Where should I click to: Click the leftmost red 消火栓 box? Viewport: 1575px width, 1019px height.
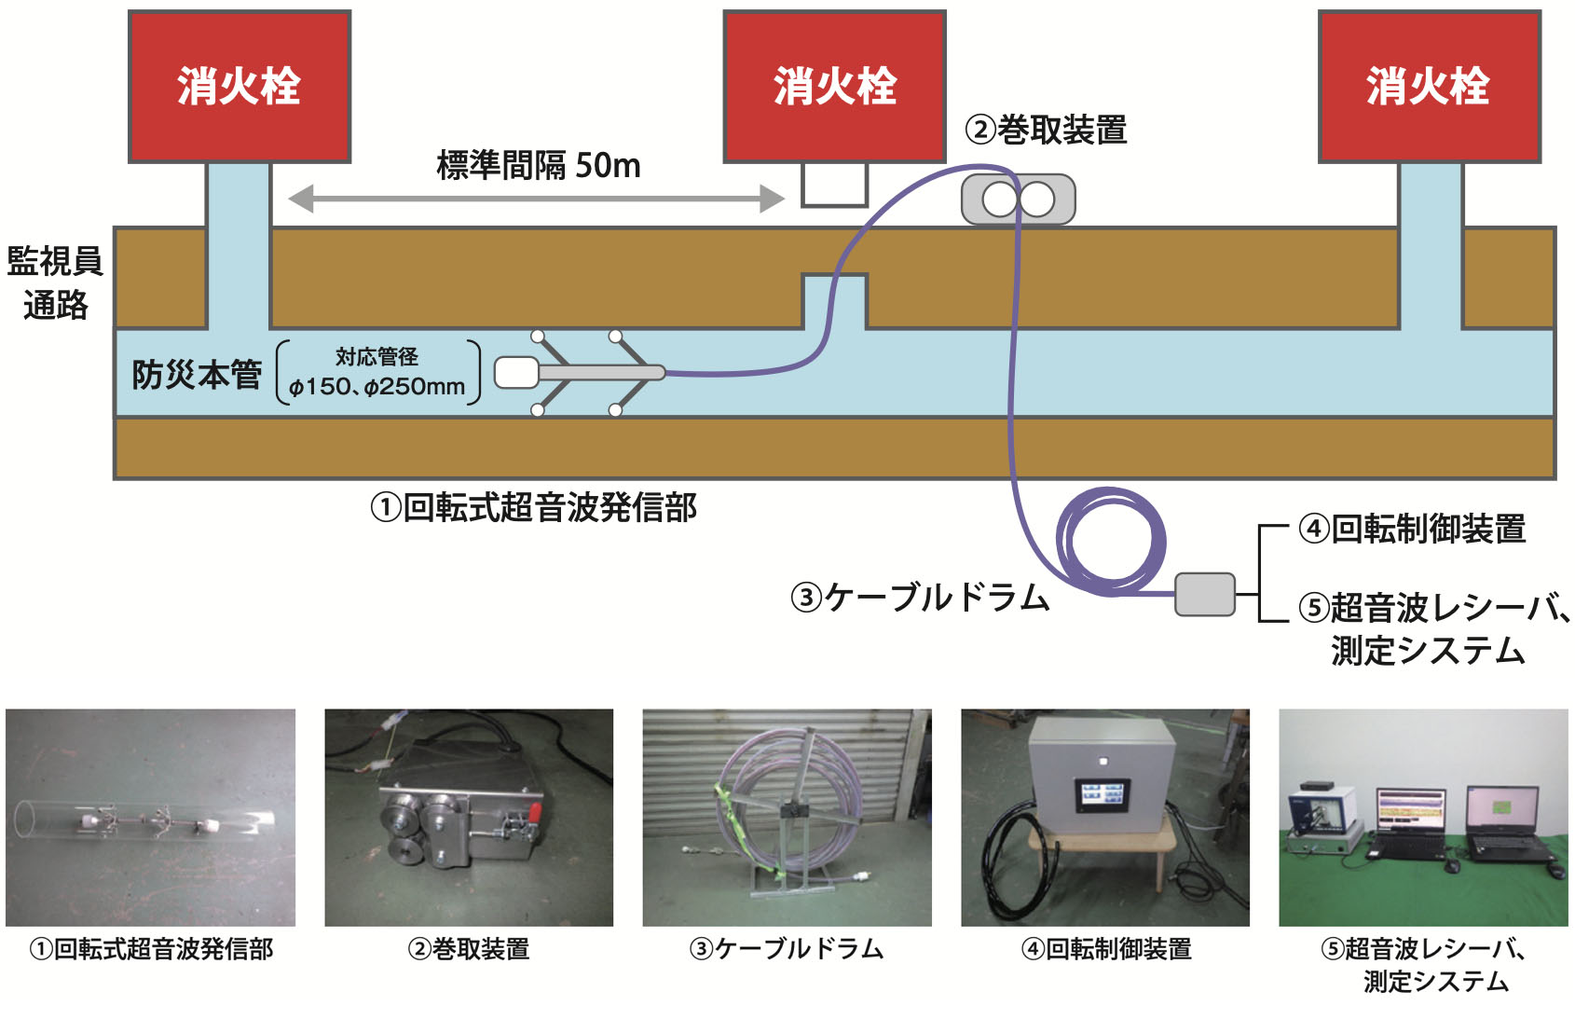(x=239, y=87)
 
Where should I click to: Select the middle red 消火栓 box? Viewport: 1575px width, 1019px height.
(x=834, y=87)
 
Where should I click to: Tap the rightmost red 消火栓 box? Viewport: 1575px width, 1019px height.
(x=1429, y=87)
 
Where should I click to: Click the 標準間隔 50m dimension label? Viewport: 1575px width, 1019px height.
(x=539, y=166)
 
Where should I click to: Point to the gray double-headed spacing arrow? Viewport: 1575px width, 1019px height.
(x=536, y=198)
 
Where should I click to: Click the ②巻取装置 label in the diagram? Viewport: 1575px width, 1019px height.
(x=1046, y=130)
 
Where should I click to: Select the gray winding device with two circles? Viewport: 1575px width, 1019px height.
(x=1018, y=199)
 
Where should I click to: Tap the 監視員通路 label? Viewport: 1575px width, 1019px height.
(x=55, y=282)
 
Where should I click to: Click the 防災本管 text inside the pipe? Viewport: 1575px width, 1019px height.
(x=196, y=375)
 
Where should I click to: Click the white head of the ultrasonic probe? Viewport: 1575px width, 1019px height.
(x=515, y=373)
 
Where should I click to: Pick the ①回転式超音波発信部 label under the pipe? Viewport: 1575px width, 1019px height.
(x=533, y=508)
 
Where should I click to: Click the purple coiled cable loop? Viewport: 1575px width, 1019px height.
(x=1112, y=541)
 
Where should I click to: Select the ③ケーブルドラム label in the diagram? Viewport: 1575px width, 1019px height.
(x=920, y=598)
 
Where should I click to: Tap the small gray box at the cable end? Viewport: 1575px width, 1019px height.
(x=1204, y=594)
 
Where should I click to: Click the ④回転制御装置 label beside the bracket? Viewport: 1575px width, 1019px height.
(x=1412, y=529)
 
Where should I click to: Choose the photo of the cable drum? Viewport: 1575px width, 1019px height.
(x=787, y=818)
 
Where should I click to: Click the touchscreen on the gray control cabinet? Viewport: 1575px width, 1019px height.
(x=1104, y=795)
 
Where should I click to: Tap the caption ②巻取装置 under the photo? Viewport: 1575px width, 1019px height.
(x=468, y=949)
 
